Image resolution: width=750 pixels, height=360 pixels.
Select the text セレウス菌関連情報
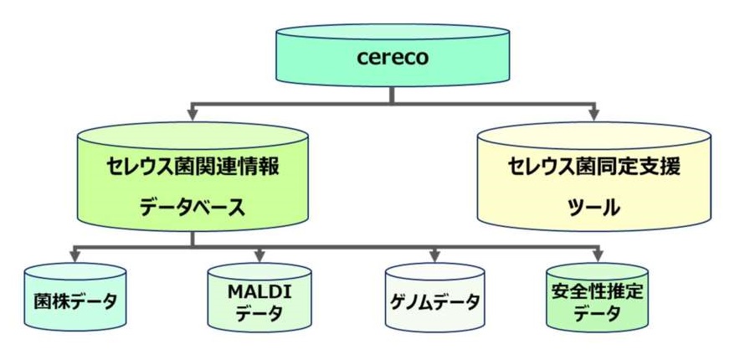coord(192,166)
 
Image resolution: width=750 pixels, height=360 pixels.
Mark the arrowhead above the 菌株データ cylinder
coord(74,255)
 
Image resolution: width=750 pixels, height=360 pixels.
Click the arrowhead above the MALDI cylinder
coord(259,255)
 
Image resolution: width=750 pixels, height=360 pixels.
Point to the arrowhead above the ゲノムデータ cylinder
coord(434,255)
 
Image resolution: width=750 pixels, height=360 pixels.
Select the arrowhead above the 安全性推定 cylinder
coord(598,255)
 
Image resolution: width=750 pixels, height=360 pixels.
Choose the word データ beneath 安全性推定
coord(598,315)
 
